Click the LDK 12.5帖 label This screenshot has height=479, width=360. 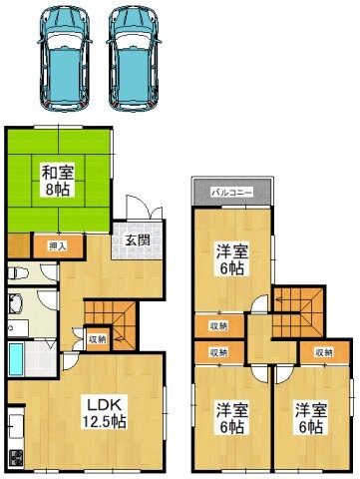(103, 413)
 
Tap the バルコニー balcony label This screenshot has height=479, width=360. (231, 192)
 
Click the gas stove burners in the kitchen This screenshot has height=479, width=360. (16, 460)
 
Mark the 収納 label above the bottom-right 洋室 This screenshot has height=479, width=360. (322, 352)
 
